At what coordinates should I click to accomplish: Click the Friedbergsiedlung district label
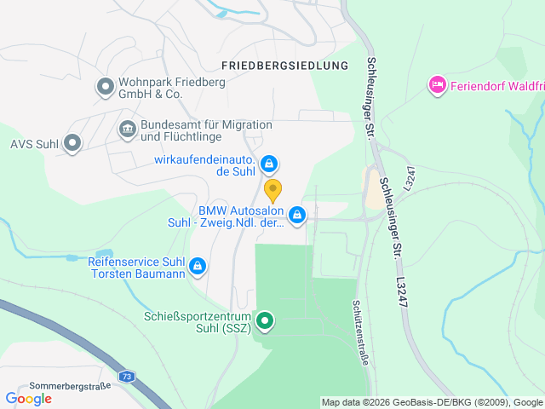coord(284,65)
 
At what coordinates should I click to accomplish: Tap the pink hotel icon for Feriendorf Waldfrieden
coord(438,84)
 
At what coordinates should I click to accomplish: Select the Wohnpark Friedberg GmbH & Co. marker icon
coord(106,85)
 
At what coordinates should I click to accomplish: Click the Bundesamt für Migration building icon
coord(127,130)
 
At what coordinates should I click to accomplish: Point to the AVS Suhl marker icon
coord(72,143)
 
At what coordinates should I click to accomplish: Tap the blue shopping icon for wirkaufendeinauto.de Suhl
coord(268,163)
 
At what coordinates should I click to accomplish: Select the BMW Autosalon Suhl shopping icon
coord(297,216)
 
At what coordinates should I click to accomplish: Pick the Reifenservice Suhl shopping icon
coord(198,267)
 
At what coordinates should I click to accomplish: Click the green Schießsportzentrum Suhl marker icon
coord(266,321)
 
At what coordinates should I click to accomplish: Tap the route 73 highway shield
coord(127,376)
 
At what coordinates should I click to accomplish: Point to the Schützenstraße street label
coord(361,332)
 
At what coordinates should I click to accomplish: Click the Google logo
coord(28,398)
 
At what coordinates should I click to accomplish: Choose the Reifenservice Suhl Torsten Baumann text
coord(137,268)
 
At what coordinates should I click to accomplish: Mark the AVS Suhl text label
coord(34,143)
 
